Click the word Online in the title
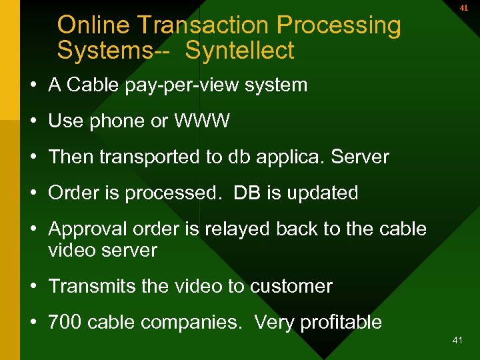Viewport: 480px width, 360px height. pos(94,25)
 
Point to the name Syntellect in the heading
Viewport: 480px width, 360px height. pos(239,51)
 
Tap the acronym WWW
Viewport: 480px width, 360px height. pos(202,121)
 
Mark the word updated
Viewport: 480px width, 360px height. pos(323,193)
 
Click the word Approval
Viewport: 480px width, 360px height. pos(87,229)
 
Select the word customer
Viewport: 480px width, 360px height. pos(291,287)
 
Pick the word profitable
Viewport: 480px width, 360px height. pos(341,323)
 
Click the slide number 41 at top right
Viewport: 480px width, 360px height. pos(464,8)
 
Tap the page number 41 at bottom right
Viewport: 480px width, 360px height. pos(457,340)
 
